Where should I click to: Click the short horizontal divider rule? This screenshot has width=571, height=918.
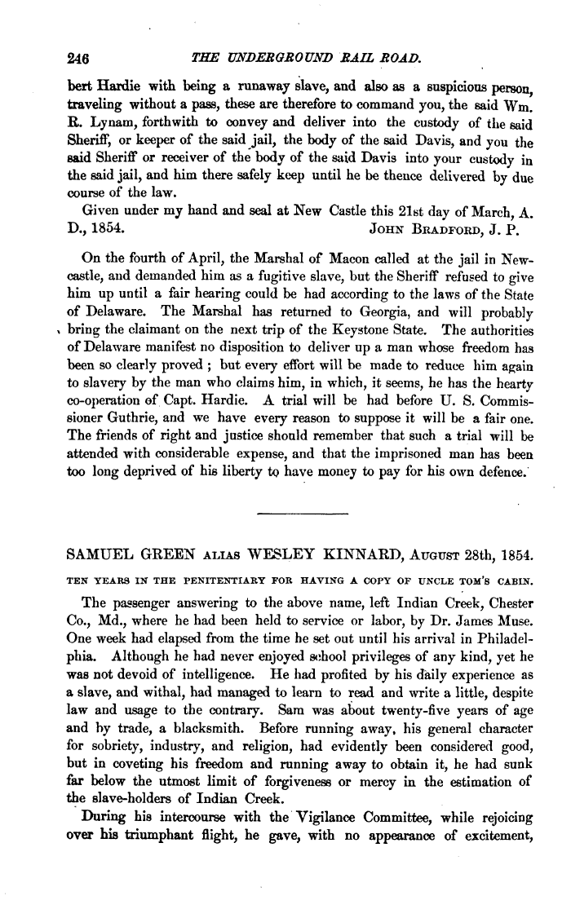[x=302, y=514]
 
